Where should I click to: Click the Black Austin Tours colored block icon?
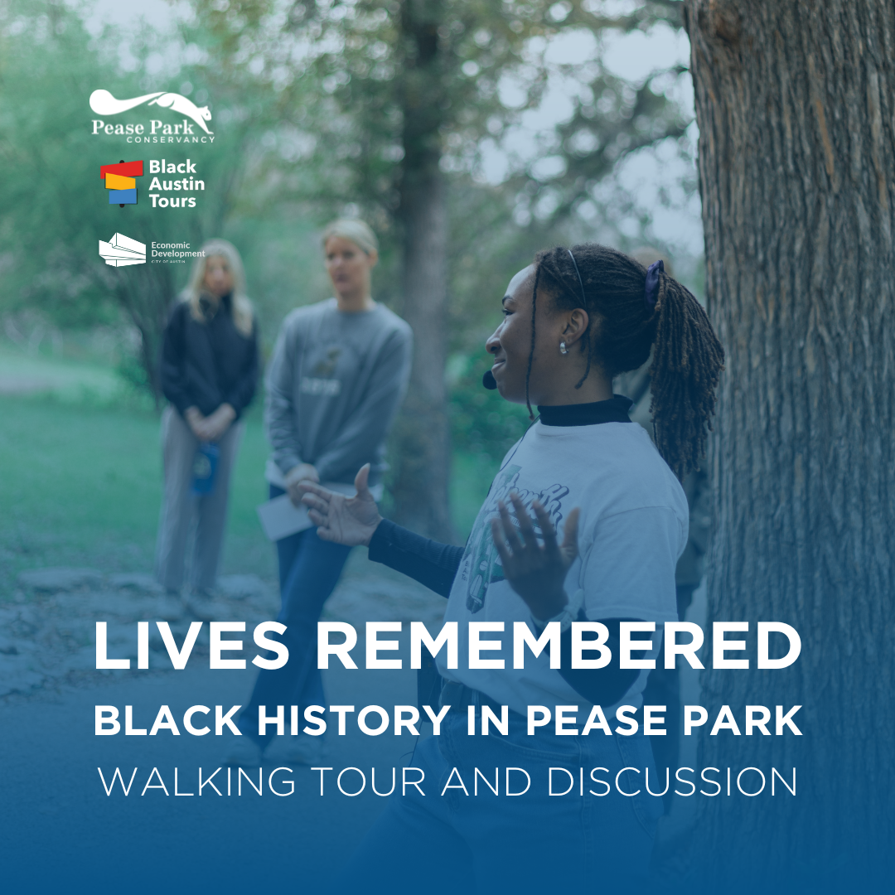(119, 183)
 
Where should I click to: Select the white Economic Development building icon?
(122, 249)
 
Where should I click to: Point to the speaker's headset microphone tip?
(490, 380)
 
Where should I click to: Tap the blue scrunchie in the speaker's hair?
(654, 281)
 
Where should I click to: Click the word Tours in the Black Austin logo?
(172, 201)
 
